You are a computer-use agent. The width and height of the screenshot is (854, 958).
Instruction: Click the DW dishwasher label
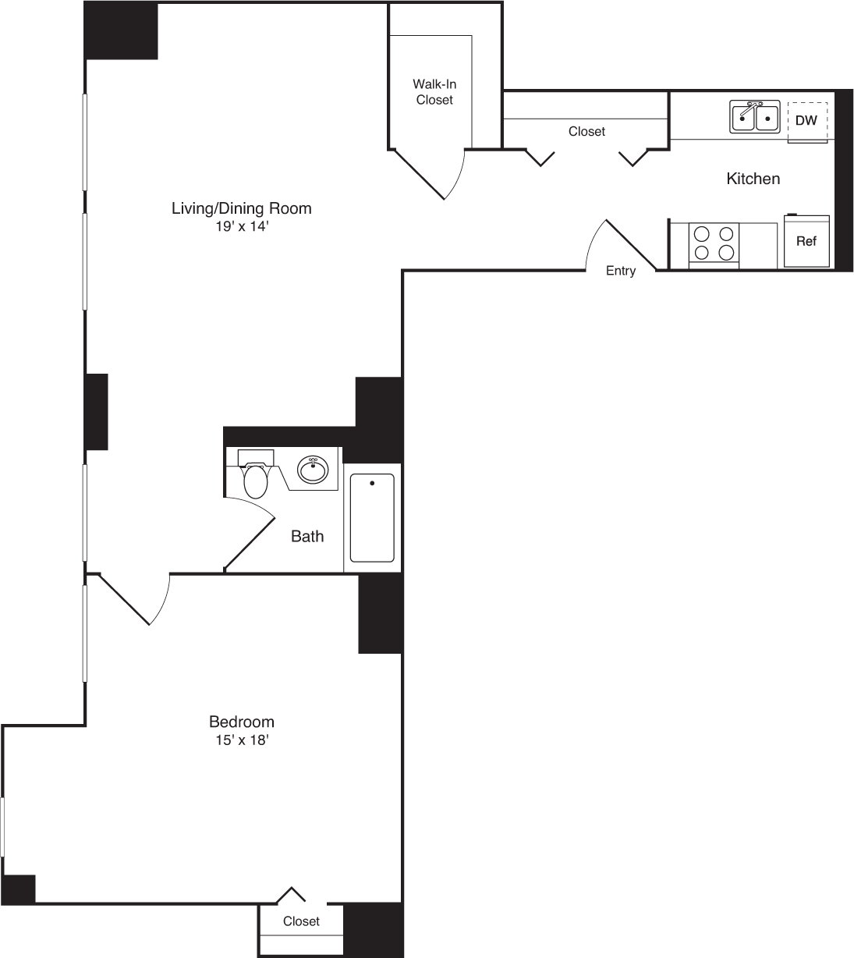(x=806, y=121)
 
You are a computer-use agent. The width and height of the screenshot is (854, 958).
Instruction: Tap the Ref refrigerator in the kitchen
(x=806, y=241)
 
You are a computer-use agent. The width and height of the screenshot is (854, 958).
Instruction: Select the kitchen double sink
(x=755, y=117)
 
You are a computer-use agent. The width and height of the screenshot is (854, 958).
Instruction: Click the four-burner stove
(x=714, y=243)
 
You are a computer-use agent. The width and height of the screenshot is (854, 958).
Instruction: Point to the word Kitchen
(x=753, y=179)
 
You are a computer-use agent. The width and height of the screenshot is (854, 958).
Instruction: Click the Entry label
(x=621, y=271)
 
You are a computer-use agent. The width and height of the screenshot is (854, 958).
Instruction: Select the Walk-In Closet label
(x=434, y=92)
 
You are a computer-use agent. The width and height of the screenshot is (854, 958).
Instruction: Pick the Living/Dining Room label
(x=241, y=208)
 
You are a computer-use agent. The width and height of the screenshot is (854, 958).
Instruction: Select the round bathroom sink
(x=313, y=470)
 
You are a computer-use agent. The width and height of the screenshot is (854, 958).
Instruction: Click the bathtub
(x=372, y=518)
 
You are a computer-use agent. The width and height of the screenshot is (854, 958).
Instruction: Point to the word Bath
(x=307, y=536)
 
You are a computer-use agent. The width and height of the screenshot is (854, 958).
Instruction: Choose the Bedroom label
(x=241, y=722)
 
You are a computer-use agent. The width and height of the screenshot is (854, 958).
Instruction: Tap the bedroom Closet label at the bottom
(x=301, y=921)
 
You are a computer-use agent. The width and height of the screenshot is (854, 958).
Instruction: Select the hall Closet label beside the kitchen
(x=586, y=132)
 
